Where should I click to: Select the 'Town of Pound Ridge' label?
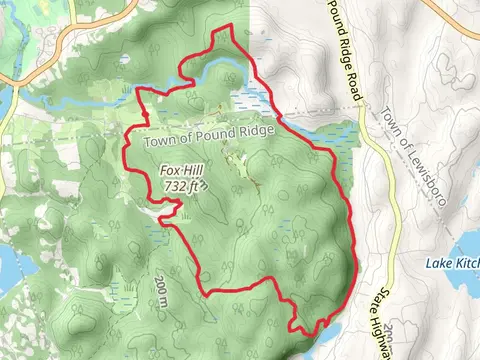tap(208, 143)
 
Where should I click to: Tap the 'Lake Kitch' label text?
tap(452, 262)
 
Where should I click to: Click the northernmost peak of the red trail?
tap(232, 25)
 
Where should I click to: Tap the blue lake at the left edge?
tap(5, 265)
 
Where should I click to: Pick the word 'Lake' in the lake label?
tap(438, 262)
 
